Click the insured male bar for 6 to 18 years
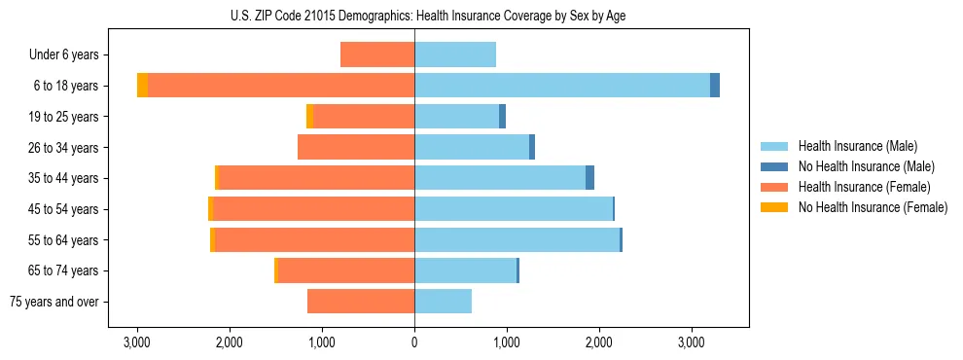click(562, 86)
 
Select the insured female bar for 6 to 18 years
click(281, 86)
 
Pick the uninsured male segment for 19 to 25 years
click(502, 117)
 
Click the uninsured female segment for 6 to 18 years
click(143, 86)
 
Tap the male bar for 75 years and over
click(443, 302)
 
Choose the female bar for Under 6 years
click(377, 54)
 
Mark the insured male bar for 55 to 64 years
click(517, 239)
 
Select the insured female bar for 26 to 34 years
click(356, 147)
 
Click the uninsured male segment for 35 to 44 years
click(589, 178)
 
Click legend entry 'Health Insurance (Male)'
click(857, 146)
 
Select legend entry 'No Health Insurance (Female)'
click(873, 207)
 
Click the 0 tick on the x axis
click(414, 342)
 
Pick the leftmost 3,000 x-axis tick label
click(137, 342)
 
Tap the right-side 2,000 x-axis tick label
click(599, 342)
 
